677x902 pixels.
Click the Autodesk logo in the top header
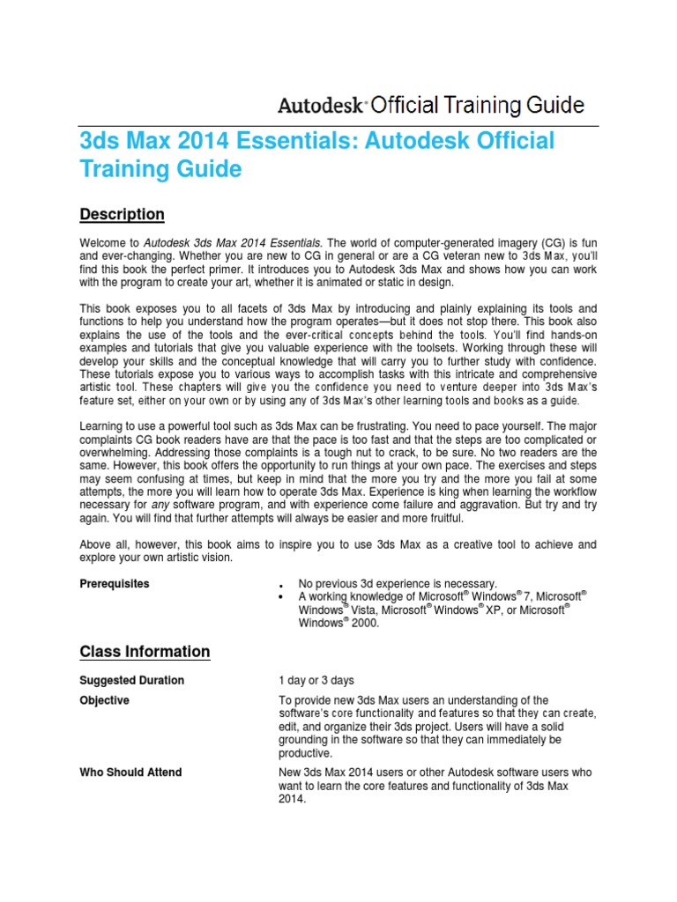322,106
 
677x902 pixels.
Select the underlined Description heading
122,214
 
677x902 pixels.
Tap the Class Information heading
145,651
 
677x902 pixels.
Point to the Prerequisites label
115,583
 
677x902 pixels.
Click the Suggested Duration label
131,680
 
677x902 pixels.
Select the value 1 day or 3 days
316,680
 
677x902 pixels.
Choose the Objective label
104,700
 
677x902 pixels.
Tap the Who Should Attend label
130,773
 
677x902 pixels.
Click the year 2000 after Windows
364,622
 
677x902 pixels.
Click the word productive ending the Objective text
305,753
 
